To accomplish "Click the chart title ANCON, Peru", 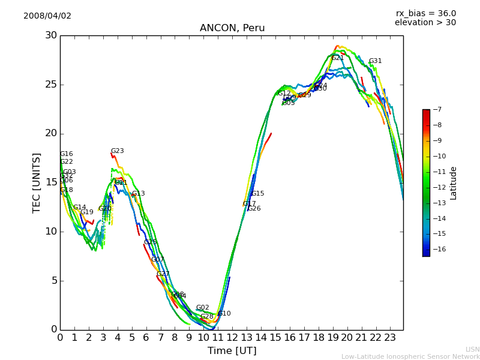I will pyautogui.click(x=232, y=28).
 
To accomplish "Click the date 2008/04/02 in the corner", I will pyautogui.click(x=47, y=16).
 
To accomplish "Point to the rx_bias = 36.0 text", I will pyautogui.click(x=425, y=13).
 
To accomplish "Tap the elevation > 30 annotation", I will pyautogui.click(x=425, y=23).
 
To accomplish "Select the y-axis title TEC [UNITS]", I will pyautogui.click(x=37, y=182).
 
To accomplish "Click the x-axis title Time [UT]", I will pyautogui.click(x=232, y=351).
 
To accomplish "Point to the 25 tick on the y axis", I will pyautogui.click(x=50, y=85).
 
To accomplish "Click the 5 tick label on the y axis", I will pyautogui.click(x=53, y=280).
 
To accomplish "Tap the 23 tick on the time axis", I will pyautogui.click(x=390, y=337).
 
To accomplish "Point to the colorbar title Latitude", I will pyautogui.click(x=454, y=182).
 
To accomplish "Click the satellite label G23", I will pyautogui.click(x=117, y=151).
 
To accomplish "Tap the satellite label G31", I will pyautogui.click(x=375, y=61).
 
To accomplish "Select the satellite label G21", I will pyautogui.click(x=338, y=58).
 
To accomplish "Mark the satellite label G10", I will pyautogui.click(x=224, y=314).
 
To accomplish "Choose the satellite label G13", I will pyautogui.click(x=138, y=194).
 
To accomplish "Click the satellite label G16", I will pyautogui.click(x=66, y=154).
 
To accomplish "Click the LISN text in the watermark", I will pyautogui.click(x=473, y=349).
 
